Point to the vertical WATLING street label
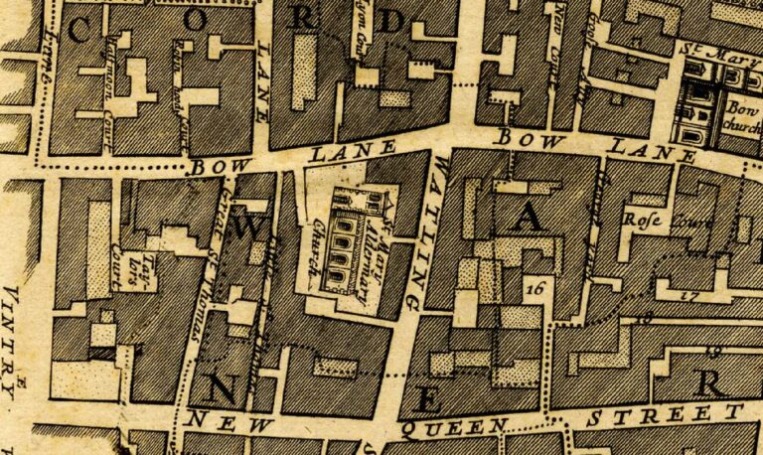(429, 230)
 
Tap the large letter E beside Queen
(427, 399)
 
